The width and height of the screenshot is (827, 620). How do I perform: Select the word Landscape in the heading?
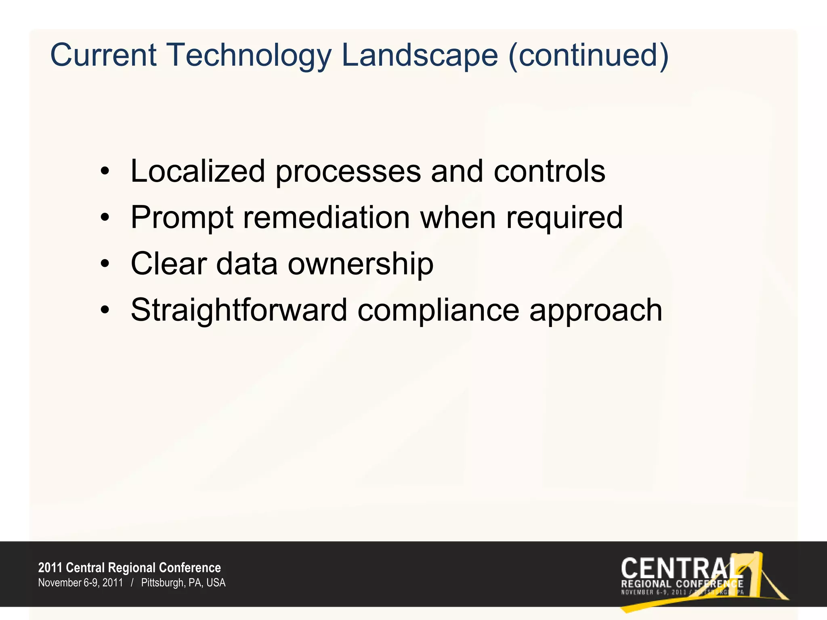pos(420,56)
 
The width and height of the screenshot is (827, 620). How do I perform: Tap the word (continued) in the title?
pos(589,56)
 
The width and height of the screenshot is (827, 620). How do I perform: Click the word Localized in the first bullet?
pos(197,171)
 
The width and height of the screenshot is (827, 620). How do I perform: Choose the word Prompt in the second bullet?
pos(182,218)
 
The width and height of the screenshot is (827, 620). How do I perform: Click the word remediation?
pos(326,217)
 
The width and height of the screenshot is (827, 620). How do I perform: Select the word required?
pos(564,218)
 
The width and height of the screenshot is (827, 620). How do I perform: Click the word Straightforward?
pos(239,310)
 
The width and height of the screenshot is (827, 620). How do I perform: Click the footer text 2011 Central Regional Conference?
pos(129,568)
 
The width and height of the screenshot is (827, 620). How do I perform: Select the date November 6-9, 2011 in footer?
pos(80,583)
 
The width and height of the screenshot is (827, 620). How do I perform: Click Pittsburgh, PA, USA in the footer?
pos(183,583)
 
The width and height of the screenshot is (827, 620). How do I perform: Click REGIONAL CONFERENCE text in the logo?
pos(682,584)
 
